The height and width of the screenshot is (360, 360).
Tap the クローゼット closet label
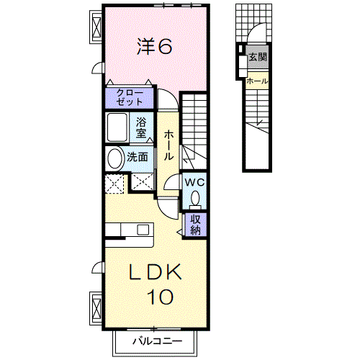click(x=130, y=96)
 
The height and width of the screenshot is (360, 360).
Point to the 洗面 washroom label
click(x=138, y=158)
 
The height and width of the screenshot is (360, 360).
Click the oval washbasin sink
click(x=114, y=158)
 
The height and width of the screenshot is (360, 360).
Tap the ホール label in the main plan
click(x=168, y=145)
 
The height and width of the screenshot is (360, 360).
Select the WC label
click(x=195, y=182)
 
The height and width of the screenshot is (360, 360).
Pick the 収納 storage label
click(x=196, y=225)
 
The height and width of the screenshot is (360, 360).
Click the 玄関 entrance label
click(x=257, y=57)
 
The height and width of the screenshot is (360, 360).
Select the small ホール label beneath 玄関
click(x=257, y=81)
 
